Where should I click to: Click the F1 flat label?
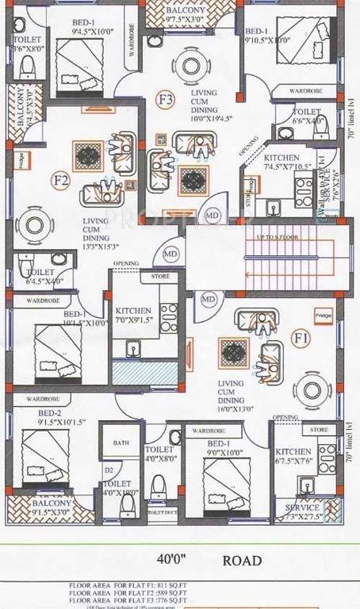(301, 338)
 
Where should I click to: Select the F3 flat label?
(165, 100)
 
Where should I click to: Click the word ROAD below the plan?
(243, 561)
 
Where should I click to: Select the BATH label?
(121, 443)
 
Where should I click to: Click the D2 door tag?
(109, 471)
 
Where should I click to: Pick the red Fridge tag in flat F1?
(322, 314)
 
